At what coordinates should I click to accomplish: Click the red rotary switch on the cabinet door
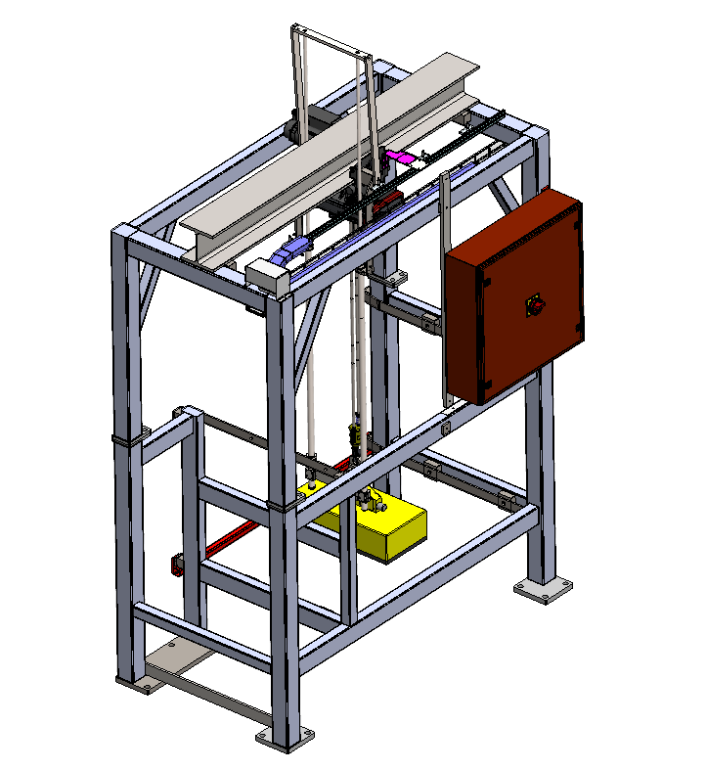coord(535,305)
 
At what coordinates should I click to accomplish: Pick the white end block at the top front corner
coord(269,274)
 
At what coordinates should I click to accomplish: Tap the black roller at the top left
coord(292,132)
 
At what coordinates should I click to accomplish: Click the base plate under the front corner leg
coord(285,736)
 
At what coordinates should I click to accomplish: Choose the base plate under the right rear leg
coord(542,590)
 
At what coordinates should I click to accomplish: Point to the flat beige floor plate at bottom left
coord(196,675)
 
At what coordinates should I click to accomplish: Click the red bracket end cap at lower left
coord(178,565)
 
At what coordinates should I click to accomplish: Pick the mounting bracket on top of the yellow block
coord(370,503)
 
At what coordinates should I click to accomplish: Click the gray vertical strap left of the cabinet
coord(446,284)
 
